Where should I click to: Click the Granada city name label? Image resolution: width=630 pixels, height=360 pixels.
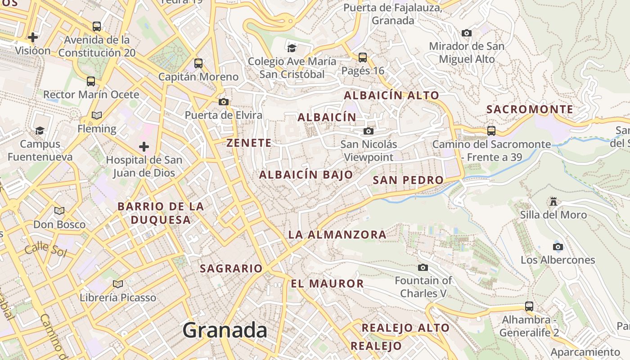click(x=225, y=331)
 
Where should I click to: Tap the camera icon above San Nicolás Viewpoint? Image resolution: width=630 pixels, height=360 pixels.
click(x=369, y=131)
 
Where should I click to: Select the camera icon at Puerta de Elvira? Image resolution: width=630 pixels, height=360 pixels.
click(x=224, y=102)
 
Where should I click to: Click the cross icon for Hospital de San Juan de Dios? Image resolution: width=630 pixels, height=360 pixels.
click(x=144, y=147)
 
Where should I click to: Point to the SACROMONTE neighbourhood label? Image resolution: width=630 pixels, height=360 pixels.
click(x=530, y=109)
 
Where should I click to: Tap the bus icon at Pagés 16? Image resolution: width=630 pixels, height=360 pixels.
click(x=363, y=58)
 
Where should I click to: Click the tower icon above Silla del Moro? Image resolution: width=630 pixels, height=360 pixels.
click(x=553, y=202)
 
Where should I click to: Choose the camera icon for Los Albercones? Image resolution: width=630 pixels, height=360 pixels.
click(x=558, y=247)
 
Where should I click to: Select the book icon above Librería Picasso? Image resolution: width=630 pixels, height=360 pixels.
click(x=118, y=284)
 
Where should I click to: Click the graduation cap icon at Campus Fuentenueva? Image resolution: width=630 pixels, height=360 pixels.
click(x=40, y=130)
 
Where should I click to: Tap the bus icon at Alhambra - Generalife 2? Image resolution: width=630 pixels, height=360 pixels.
click(x=529, y=306)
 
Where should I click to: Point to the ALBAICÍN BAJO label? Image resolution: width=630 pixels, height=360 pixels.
click(x=306, y=175)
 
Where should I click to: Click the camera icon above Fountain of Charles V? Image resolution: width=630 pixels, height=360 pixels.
click(x=423, y=267)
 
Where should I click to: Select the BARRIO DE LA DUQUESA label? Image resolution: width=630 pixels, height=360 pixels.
click(x=161, y=213)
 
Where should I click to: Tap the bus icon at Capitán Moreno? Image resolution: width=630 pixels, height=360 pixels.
click(x=198, y=63)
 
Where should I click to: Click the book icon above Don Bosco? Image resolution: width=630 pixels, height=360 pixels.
click(x=59, y=211)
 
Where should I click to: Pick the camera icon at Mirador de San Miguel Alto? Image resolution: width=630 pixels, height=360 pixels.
click(x=467, y=33)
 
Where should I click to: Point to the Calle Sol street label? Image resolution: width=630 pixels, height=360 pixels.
click(x=45, y=249)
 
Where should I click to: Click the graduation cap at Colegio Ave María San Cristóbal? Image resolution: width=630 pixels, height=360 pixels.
click(x=292, y=48)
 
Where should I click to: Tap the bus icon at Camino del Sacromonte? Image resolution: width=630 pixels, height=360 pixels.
click(x=491, y=131)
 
